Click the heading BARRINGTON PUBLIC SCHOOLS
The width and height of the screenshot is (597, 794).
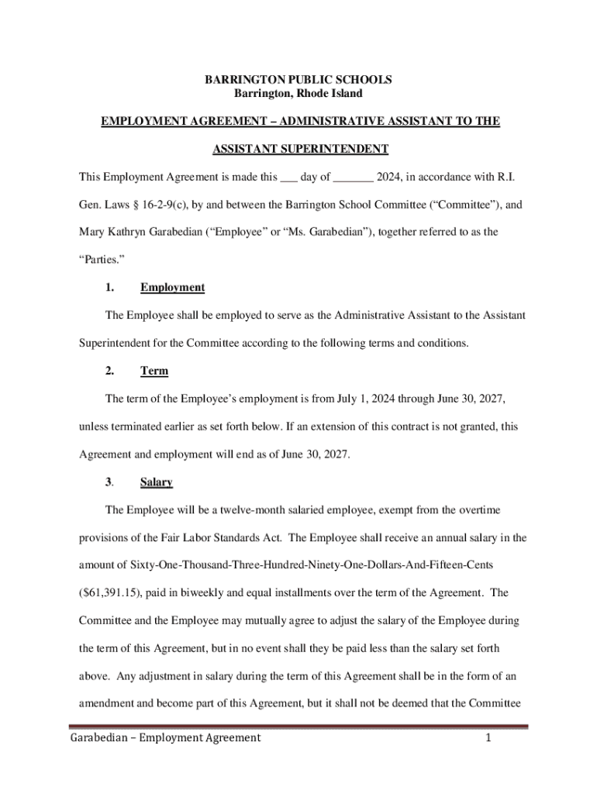click(298, 80)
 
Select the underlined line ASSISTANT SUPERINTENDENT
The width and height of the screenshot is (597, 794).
click(298, 149)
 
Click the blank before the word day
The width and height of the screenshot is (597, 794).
click(288, 178)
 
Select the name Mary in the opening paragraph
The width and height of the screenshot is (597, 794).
click(94, 232)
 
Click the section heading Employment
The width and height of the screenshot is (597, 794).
click(172, 288)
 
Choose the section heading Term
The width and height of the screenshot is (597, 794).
click(154, 371)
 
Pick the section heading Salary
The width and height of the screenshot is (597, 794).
click(156, 482)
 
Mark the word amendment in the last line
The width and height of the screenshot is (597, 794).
click(110, 704)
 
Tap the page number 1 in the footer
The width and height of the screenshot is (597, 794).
click(488, 738)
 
